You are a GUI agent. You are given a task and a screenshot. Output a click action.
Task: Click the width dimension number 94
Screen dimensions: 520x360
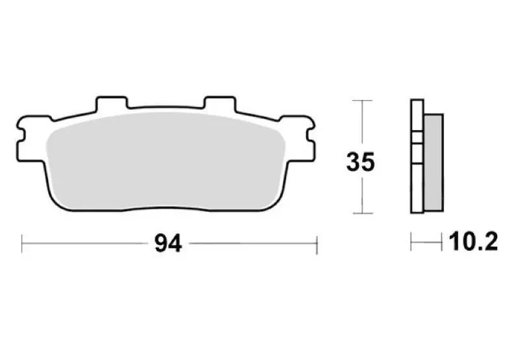coord(168,244)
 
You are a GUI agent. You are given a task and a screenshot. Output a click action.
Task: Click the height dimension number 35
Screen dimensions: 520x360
coord(361,162)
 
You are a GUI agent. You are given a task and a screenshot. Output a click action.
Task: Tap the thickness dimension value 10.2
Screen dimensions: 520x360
coord(473,242)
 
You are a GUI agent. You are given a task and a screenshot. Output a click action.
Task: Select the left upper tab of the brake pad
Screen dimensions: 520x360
coord(111,103)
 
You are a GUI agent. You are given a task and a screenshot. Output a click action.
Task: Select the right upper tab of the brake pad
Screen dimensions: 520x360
coord(220,103)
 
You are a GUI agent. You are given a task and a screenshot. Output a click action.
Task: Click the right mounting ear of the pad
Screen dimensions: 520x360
coord(298,138)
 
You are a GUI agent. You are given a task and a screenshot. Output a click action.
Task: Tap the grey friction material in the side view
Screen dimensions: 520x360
coord(434,162)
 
